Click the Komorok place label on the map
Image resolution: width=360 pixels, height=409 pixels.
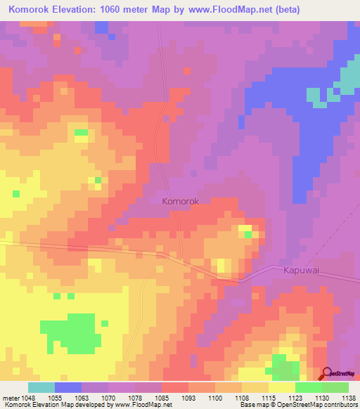pyautogui.click(x=181, y=201)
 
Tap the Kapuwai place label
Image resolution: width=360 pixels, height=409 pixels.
pyautogui.click(x=301, y=270)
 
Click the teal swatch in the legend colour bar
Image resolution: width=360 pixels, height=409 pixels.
pyautogui.click(x=41, y=387)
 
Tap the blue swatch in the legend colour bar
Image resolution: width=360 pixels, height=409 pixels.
pyautogui.click(x=68, y=387)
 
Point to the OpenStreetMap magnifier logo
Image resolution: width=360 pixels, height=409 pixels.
pyautogui.click(x=328, y=374)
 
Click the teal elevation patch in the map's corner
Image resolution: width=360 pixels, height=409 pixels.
pyautogui.click(x=345, y=79)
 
